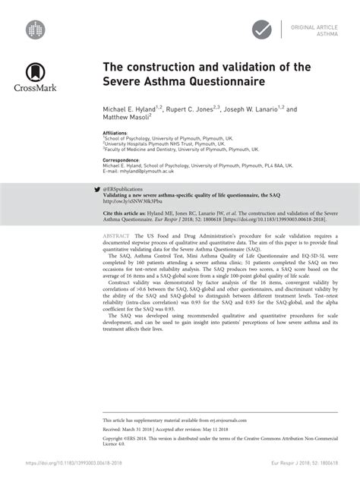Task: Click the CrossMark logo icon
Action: (x=34, y=73)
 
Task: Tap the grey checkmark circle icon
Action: (x=263, y=30)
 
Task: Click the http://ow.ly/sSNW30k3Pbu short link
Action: (x=133, y=200)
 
